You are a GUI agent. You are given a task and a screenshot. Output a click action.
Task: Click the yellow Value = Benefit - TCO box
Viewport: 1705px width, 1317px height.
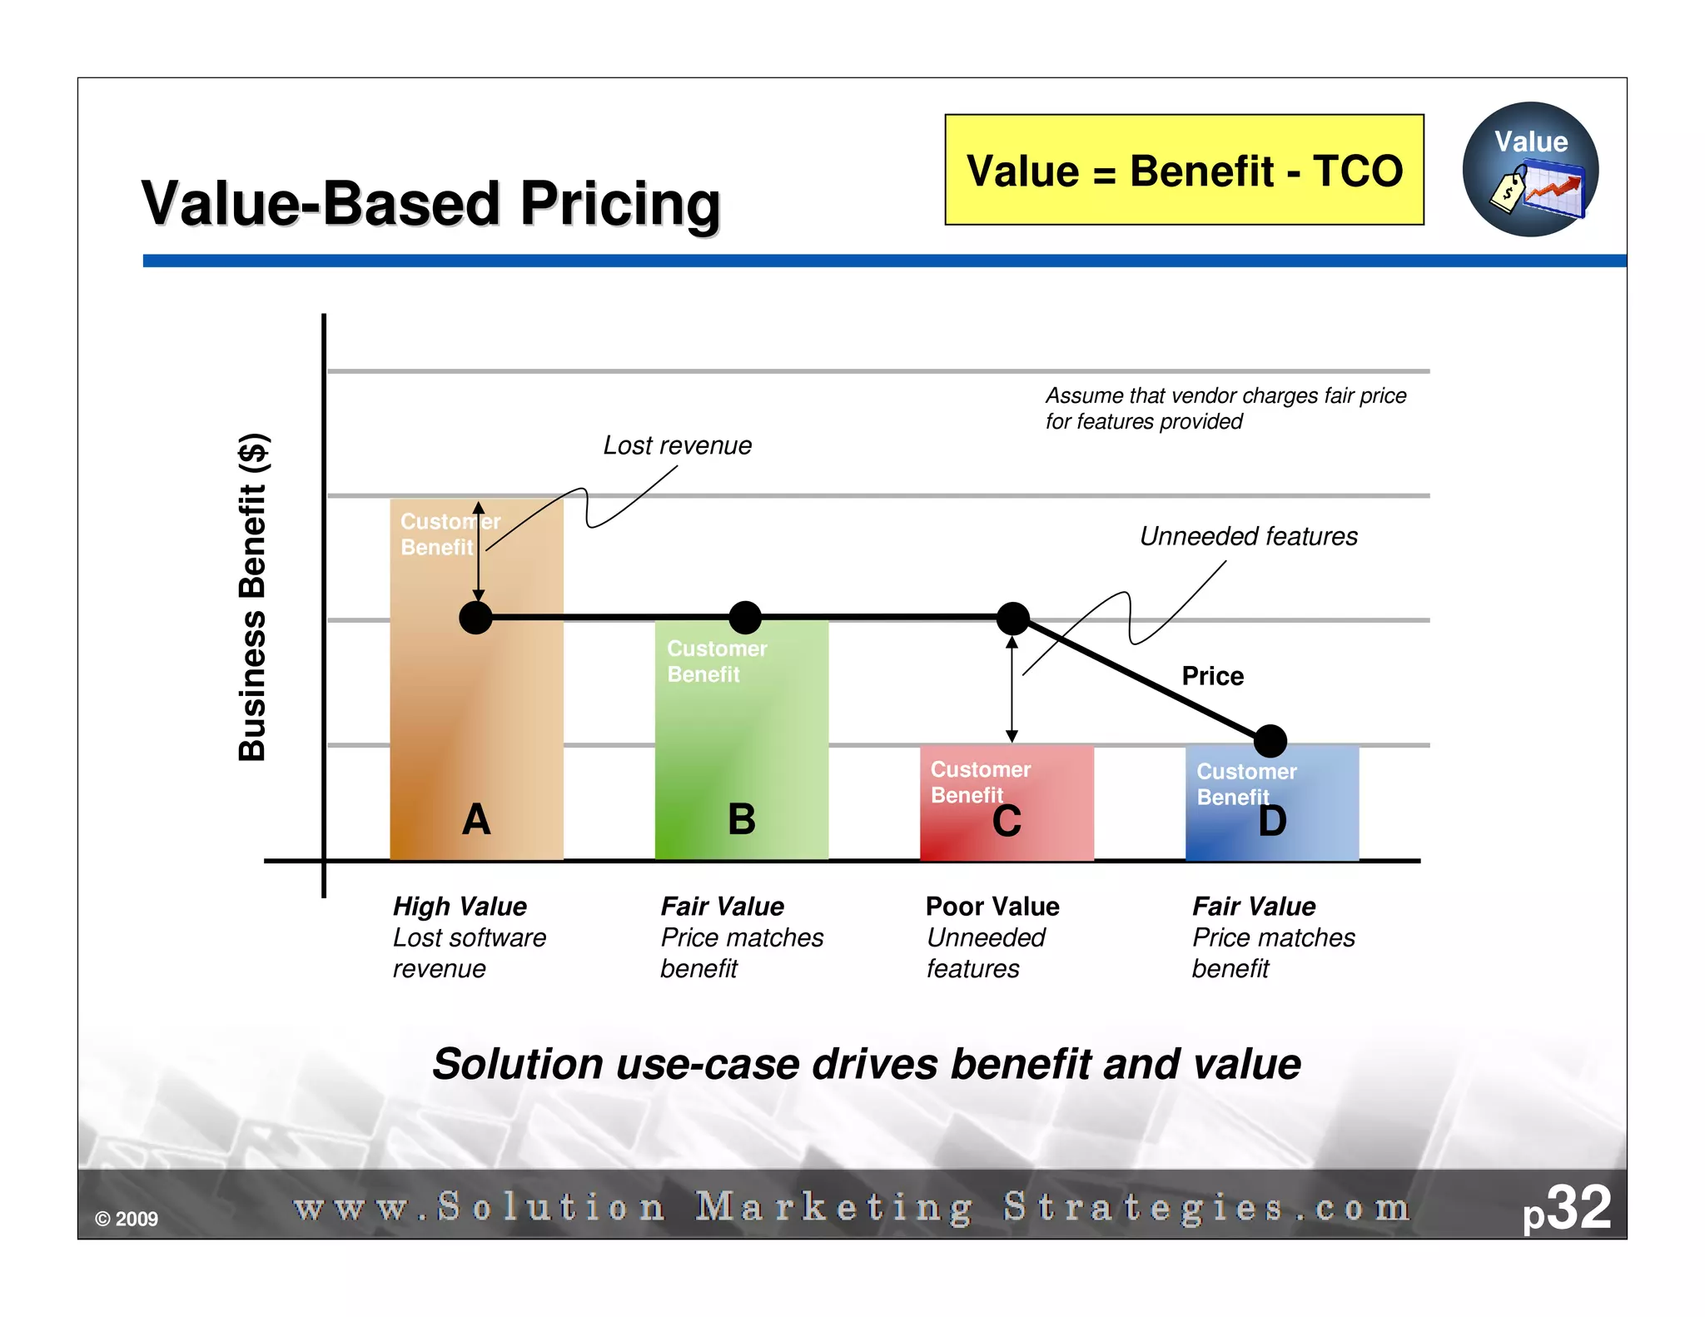pyautogui.click(x=1183, y=170)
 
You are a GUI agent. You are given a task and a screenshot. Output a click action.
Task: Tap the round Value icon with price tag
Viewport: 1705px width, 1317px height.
pyautogui.click(x=1529, y=170)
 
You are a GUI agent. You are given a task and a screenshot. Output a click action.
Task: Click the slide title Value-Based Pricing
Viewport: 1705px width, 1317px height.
pyautogui.click(x=430, y=204)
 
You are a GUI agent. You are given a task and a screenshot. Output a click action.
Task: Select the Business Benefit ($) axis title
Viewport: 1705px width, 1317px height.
pyautogui.click(x=252, y=597)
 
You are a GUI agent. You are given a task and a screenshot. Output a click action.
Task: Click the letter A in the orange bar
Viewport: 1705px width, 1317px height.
pyautogui.click(x=476, y=819)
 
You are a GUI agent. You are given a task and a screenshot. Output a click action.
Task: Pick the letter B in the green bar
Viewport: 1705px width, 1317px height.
pyautogui.click(x=741, y=819)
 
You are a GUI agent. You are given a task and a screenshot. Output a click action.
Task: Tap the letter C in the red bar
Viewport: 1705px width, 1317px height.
pyautogui.click(x=1007, y=822)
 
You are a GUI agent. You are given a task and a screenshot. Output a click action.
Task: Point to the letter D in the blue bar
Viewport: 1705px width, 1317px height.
pyautogui.click(x=1272, y=821)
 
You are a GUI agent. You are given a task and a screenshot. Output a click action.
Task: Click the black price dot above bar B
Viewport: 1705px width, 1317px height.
pyautogui.click(x=745, y=618)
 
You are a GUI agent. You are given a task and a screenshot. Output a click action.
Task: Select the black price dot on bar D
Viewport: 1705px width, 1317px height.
pyautogui.click(x=1270, y=741)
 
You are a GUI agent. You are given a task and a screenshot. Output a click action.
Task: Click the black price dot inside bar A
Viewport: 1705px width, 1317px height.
pyautogui.click(x=476, y=618)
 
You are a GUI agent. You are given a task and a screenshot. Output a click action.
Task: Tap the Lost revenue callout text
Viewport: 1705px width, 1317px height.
pyautogui.click(x=677, y=445)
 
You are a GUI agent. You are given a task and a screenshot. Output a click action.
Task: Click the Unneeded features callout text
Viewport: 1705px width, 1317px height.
pyautogui.click(x=1248, y=536)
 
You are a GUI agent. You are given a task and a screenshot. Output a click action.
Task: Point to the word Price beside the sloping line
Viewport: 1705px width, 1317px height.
pyautogui.click(x=1212, y=676)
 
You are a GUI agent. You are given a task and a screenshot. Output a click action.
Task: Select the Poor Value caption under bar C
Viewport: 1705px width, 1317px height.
pyautogui.click(x=992, y=906)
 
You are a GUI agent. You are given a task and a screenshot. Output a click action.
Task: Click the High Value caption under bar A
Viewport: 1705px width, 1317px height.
pyautogui.click(x=460, y=906)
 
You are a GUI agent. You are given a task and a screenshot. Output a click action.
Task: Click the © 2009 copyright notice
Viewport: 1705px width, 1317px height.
pyautogui.click(x=127, y=1219)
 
